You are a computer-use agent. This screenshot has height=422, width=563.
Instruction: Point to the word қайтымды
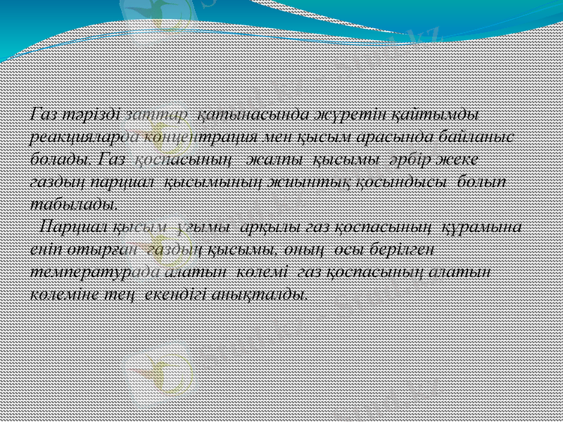click(445, 113)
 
